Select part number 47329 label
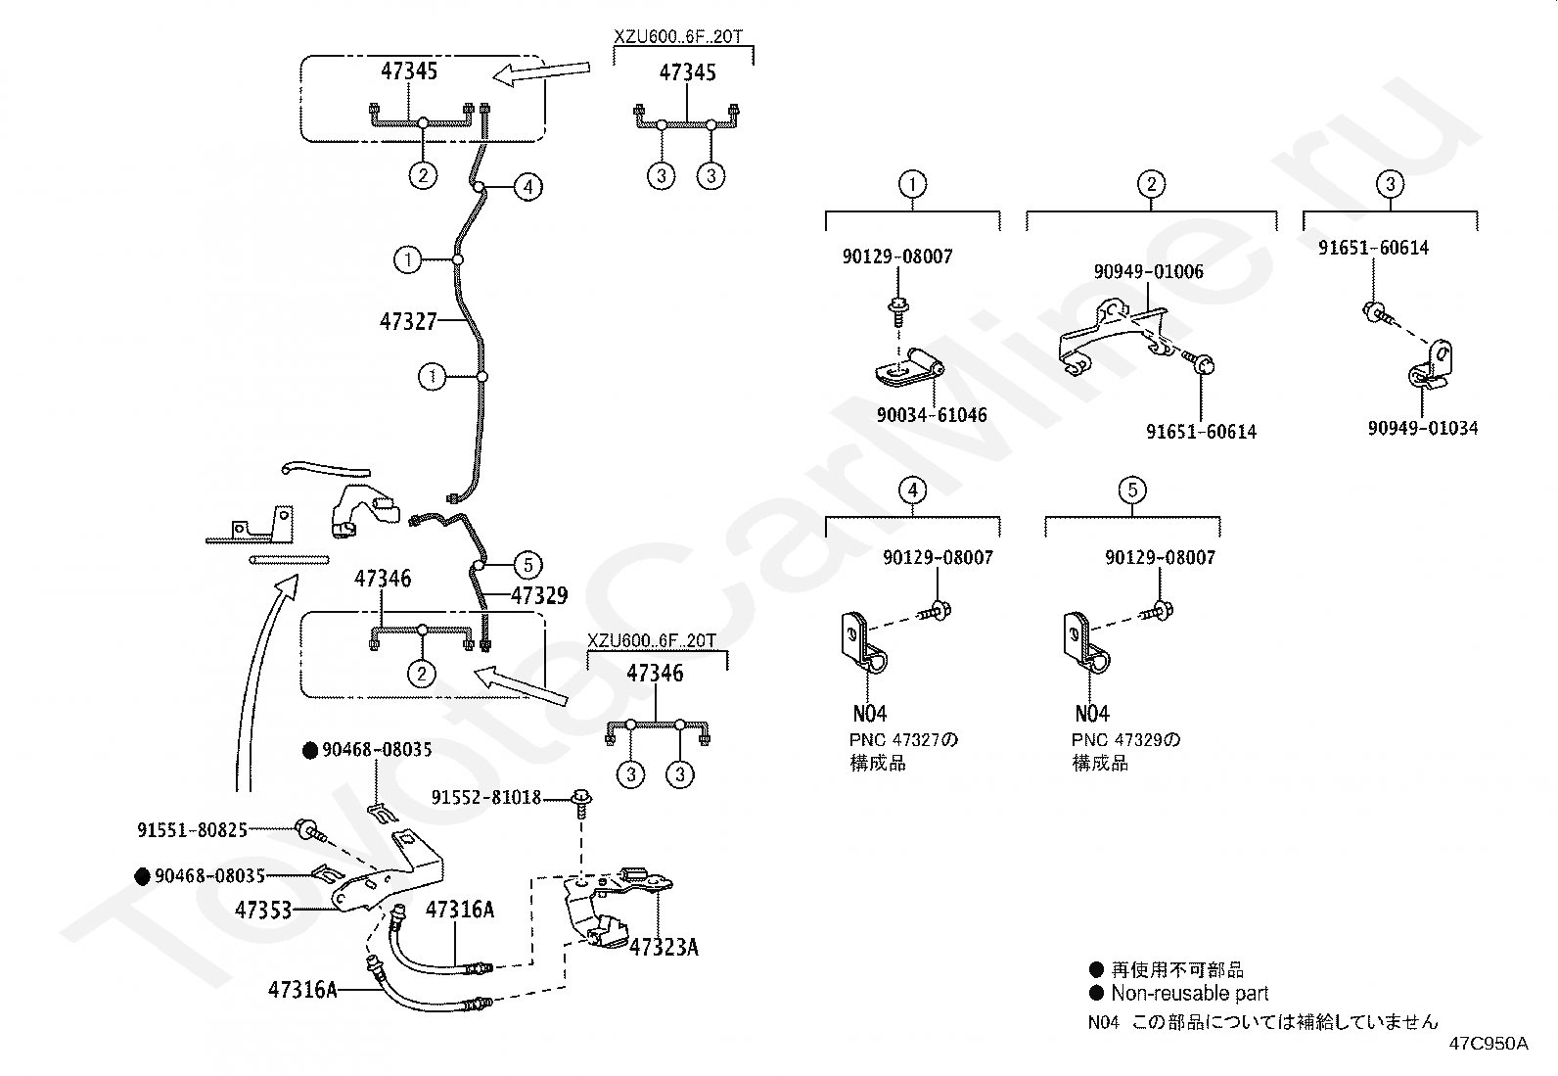(539, 595)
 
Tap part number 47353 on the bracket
(263, 910)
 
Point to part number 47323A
(664, 947)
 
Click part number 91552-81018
(486, 798)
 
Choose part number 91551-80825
(192, 830)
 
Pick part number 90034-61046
(932, 415)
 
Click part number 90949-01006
(1149, 272)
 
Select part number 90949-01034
(1423, 428)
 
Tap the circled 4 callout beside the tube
(527, 186)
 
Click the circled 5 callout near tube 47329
(527, 564)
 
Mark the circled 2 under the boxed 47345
(423, 176)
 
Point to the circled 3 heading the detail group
(1390, 183)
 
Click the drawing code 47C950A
(1489, 1044)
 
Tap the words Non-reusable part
(1189, 993)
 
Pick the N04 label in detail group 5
(1092, 714)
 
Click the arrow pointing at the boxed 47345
(540, 72)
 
